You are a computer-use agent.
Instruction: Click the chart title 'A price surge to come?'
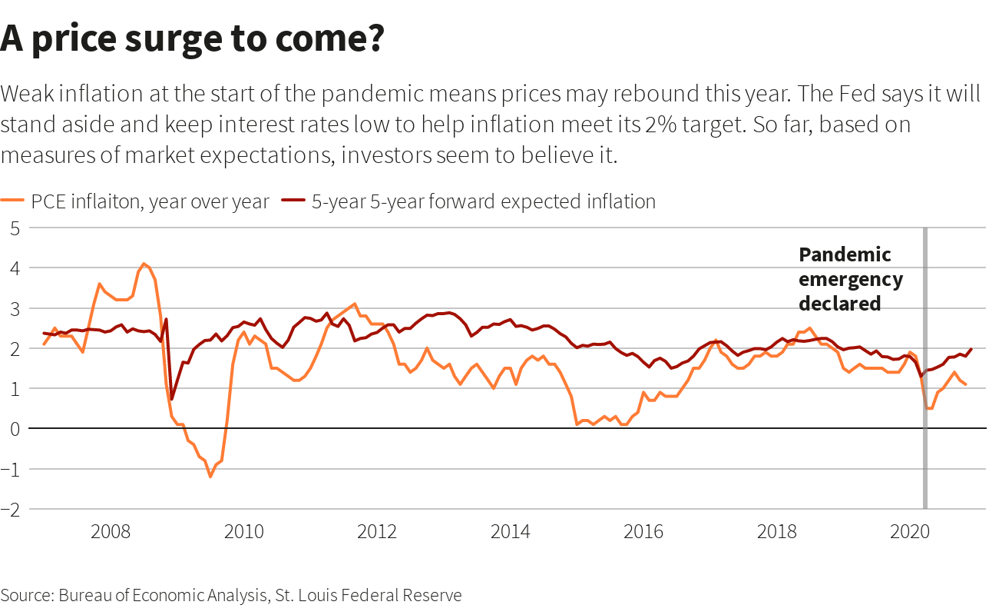(192, 38)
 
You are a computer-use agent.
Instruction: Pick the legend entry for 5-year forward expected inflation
(468, 202)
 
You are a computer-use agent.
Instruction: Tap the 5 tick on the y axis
(14, 228)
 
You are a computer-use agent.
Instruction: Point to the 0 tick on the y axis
(14, 428)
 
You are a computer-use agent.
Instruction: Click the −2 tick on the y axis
(11, 509)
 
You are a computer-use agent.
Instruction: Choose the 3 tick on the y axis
(14, 308)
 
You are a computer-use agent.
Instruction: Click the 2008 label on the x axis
(111, 532)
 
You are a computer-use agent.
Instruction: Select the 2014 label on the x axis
(511, 532)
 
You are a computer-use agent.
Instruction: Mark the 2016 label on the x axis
(643, 532)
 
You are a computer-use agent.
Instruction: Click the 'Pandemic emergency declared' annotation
(851, 279)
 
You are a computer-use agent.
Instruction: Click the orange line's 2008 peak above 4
(144, 264)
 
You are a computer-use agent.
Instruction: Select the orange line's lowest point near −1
(210, 477)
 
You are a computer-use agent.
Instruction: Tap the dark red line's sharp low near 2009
(172, 398)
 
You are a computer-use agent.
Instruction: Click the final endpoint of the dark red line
(971, 349)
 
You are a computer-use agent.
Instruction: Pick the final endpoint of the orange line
(965, 384)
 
